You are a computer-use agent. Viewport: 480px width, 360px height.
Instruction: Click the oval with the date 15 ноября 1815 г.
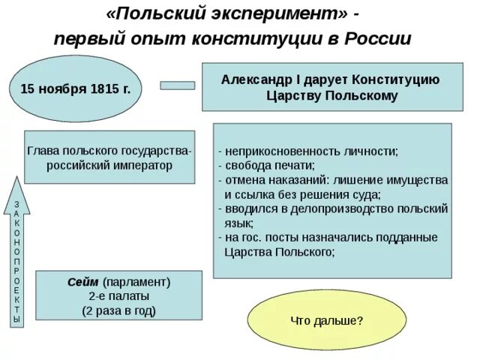[75, 89]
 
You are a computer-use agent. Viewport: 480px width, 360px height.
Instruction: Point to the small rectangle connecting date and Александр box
[178, 85]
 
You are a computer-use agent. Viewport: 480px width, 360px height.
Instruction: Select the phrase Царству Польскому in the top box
[331, 96]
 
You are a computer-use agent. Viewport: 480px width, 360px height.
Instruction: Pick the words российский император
[109, 165]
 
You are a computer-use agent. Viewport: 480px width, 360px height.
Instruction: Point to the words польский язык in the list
[330, 216]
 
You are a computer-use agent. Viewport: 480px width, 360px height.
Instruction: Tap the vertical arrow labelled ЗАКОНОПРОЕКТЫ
[17, 255]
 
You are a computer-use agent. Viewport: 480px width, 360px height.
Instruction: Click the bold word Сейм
[83, 282]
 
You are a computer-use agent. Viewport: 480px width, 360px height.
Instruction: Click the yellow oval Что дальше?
[326, 320]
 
